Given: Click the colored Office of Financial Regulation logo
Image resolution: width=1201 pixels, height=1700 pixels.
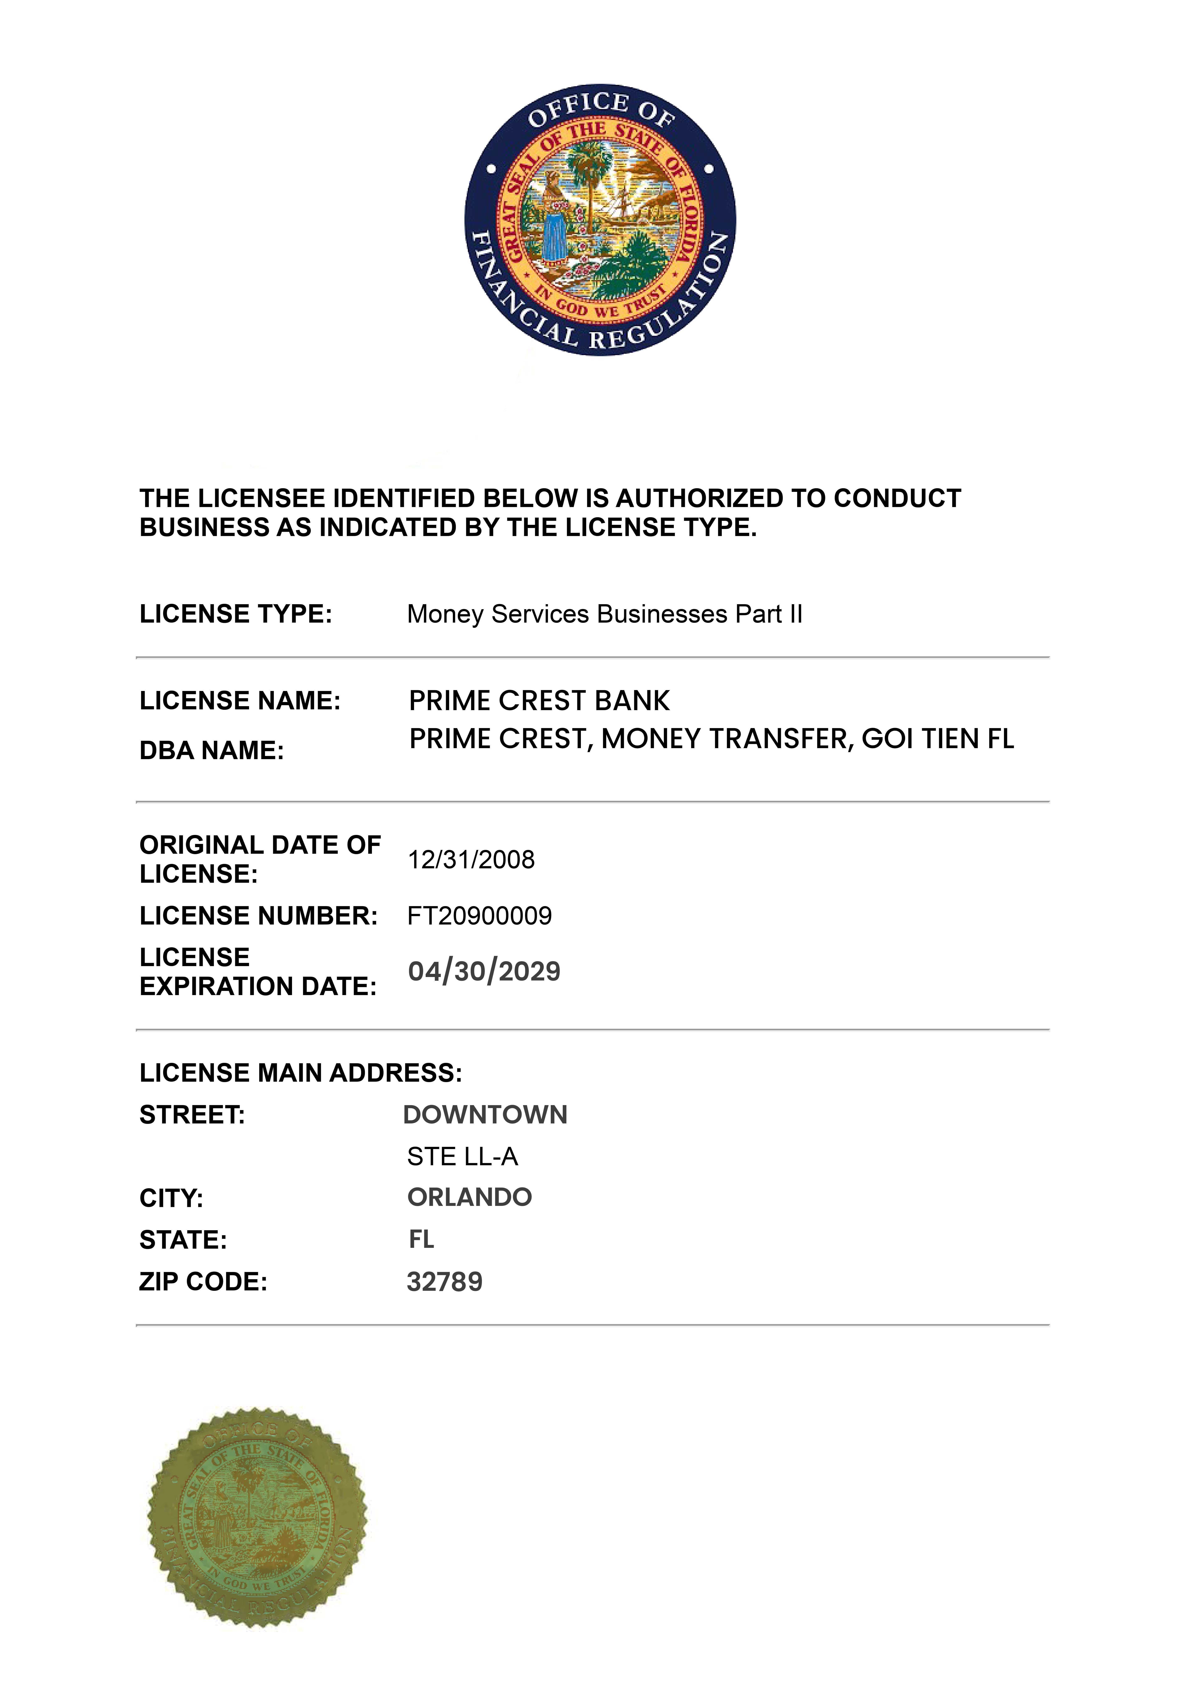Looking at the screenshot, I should coord(600,220).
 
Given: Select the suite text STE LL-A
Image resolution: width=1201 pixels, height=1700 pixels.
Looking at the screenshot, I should coord(463,1156).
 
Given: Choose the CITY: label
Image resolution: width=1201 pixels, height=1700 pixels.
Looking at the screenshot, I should coord(171,1198).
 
